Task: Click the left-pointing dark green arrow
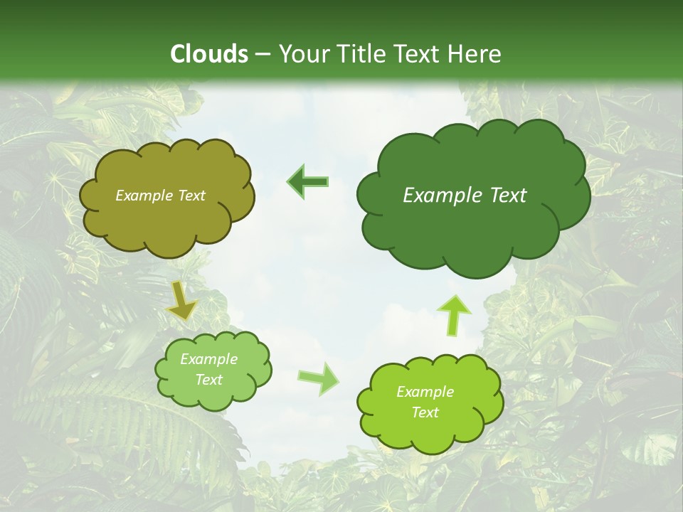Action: pyautogui.click(x=308, y=182)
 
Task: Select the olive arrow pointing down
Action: pyautogui.click(x=181, y=302)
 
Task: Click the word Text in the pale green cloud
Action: pyautogui.click(x=208, y=380)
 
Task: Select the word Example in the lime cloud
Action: pyautogui.click(x=425, y=392)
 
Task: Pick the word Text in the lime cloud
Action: pyautogui.click(x=425, y=412)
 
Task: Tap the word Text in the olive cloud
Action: pyautogui.click(x=191, y=196)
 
